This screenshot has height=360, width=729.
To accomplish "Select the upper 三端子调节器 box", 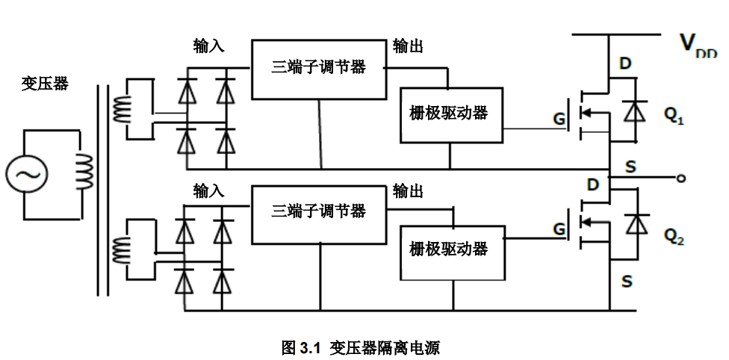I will click(319, 68).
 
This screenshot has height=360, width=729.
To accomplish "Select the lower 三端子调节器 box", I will click(319, 213).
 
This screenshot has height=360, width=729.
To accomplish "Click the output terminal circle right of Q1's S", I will click(681, 179).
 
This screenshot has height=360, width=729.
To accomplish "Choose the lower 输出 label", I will click(408, 191).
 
